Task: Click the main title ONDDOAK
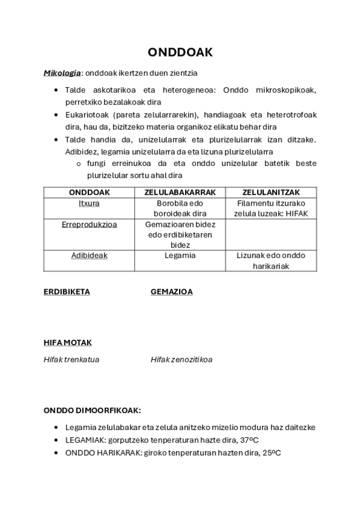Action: [x=180, y=53]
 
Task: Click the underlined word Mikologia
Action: [x=62, y=73]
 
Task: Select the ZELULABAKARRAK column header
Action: [x=180, y=192]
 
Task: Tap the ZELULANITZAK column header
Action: [x=271, y=192]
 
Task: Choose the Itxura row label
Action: [x=89, y=203]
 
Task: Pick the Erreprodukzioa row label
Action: [x=89, y=224]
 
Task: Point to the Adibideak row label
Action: [x=89, y=255]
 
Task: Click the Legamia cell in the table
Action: [x=180, y=255]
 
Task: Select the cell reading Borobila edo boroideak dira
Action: [x=180, y=208]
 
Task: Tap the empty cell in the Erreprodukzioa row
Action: [x=271, y=235]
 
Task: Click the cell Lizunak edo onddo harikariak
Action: [x=271, y=260]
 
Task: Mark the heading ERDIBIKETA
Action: [x=67, y=292]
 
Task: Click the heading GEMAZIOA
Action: [x=171, y=292]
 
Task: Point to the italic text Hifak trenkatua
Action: [x=72, y=360]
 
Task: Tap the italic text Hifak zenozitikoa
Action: [x=182, y=360]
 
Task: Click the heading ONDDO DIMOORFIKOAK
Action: [x=92, y=410]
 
